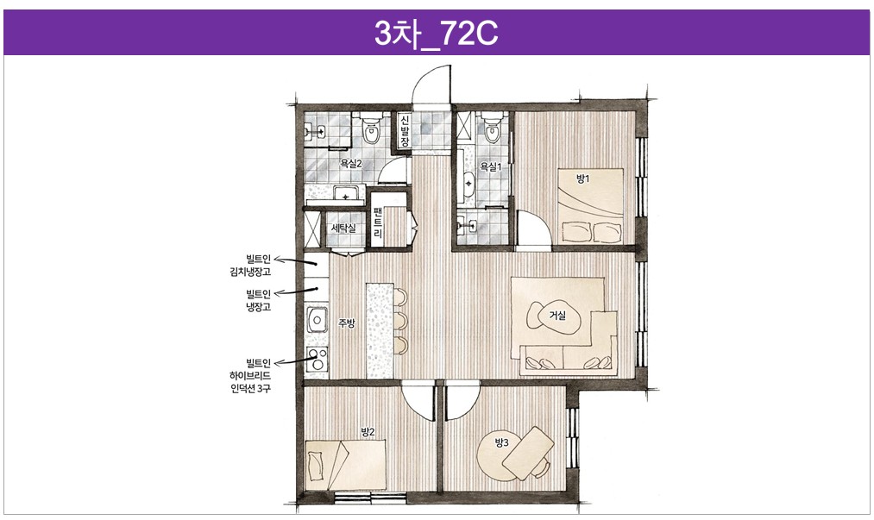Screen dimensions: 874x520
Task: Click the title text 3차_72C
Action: (436, 34)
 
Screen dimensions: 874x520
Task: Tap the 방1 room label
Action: (582, 179)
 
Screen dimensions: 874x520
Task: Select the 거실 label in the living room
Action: (557, 316)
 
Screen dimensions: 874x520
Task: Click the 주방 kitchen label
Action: (346, 323)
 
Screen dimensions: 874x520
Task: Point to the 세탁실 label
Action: (343, 228)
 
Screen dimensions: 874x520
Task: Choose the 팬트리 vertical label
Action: (379, 222)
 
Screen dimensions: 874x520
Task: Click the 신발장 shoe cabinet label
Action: (405, 131)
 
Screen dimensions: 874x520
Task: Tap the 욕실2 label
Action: (351, 164)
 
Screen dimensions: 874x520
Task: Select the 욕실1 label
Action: (491, 166)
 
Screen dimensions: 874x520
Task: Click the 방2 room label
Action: (368, 432)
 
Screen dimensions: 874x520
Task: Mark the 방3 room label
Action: (502, 442)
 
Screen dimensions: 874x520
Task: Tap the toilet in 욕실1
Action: (492, 128)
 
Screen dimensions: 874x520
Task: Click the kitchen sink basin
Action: (317, 319)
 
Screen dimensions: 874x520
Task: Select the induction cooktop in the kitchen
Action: (317, 360)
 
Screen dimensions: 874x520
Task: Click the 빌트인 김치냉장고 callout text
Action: (250, 266)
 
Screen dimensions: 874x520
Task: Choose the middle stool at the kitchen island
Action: (400, 320)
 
